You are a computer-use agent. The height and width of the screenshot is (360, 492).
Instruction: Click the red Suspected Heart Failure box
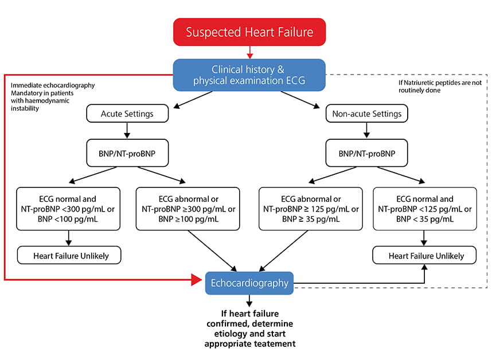tap(249, 32)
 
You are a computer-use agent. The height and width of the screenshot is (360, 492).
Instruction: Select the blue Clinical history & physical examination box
tap(249, 75)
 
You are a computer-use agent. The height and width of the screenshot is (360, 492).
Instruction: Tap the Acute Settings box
tap(127, 114)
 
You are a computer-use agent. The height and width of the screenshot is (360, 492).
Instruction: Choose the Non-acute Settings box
tap(367, 114)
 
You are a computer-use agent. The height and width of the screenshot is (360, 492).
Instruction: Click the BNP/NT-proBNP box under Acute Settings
tap(127, 153)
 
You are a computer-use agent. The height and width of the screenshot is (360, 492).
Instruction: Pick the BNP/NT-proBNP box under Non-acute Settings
tap(367, 153)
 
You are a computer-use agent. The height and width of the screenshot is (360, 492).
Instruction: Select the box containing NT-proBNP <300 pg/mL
tap(69, 208)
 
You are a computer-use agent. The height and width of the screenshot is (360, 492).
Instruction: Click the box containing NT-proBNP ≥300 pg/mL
tap(188, 208)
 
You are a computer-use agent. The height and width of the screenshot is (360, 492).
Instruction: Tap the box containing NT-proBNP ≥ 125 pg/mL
tap(310, 208)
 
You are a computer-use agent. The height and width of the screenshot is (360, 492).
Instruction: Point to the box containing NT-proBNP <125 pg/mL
tap(424, 208)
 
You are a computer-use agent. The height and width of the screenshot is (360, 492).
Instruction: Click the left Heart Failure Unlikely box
tap(69, 255)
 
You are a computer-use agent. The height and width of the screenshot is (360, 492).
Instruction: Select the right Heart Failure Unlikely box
tap(424, 255)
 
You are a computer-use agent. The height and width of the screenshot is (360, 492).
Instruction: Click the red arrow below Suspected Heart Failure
tap(249, 53)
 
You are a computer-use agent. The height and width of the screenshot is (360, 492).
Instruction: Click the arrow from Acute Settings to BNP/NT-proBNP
tap(127, 131)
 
